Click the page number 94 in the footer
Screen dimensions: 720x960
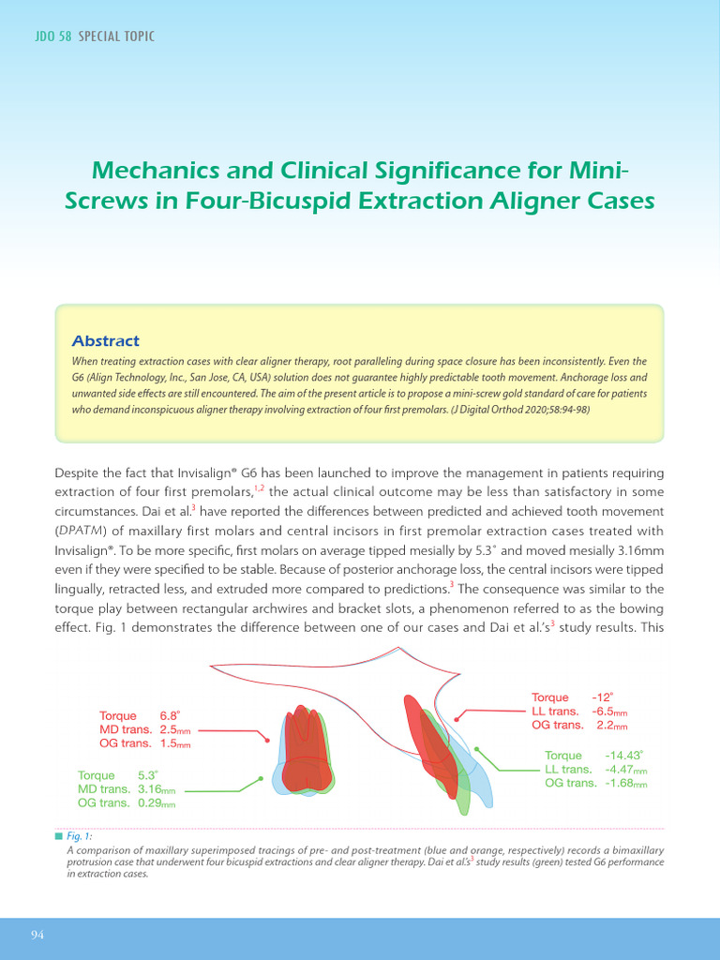(x=38, y=936)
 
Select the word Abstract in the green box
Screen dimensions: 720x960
(x=106, y=341)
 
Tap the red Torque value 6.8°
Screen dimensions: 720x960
(x=170, y=715)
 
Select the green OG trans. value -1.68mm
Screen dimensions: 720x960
(x=626, y=784)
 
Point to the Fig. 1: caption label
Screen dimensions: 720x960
(x=79, y=835)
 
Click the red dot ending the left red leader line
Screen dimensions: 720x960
(x=268, y=741)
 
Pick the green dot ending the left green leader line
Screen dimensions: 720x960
(x=260, y=777)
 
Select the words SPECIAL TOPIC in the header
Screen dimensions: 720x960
(x=117, y=37)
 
